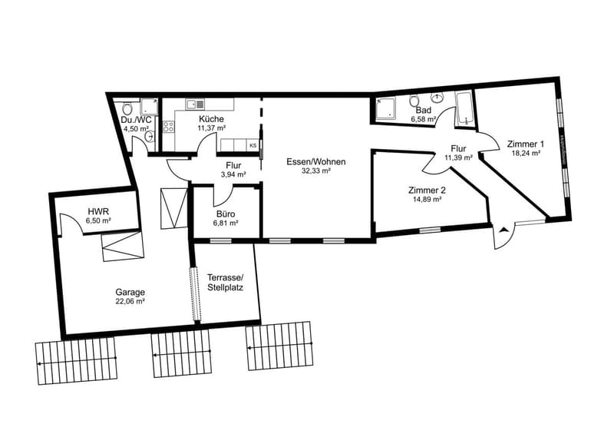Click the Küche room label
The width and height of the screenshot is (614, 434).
click(x=212, y=119)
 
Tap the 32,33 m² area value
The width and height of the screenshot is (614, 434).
click(x=316, y=171)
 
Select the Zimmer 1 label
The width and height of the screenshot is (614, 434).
click(x=526, y=144)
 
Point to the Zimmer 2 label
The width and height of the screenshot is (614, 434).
click(x=427, y=190)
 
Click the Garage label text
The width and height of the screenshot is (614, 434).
click(x=130, y=292)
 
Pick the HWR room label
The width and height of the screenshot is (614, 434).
click(x=96, y=211)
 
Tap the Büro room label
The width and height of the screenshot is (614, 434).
click(x=226, y=214)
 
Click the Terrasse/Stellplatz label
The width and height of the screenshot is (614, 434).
click(x=225, y=282)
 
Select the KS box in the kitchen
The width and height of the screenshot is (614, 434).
click(x=253, y=145)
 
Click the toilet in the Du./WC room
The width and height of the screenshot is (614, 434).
click(x=127, y=108)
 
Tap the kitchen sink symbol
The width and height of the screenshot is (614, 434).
click(x=196, y=104)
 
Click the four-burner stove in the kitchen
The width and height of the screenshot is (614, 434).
click(x=169, y=127)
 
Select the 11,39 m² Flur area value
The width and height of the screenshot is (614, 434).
click(x=458, y=157)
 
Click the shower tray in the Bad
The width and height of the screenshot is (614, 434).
click(x=385, y=108)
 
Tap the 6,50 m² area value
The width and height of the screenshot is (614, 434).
click(x=98, y=220)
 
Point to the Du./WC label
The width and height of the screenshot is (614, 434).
click(x=136, y=120)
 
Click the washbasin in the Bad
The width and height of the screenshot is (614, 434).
click(x=437, y=97)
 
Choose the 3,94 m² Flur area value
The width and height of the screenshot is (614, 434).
click(x=233, y=174)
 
